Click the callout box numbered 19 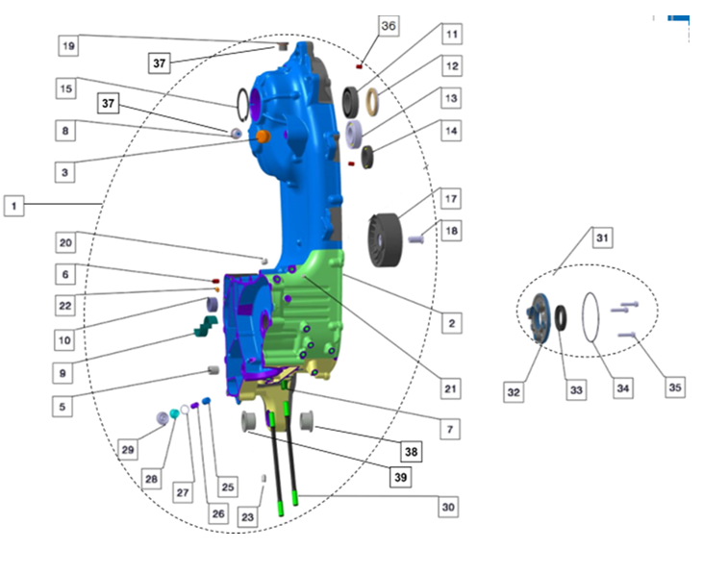(68, 45)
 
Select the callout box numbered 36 (389, 27)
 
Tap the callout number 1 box (13, 205)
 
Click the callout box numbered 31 (602, 237)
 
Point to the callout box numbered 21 (449, 388)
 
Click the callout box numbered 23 (248, 516)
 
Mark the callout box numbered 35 (676, 387)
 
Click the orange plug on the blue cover (260, 137)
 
